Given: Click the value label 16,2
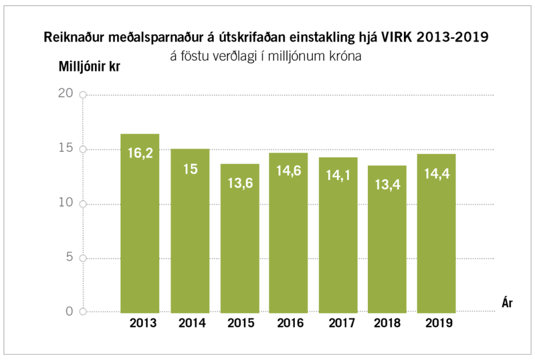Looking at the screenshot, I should pyautogui.click(x=140, y=153).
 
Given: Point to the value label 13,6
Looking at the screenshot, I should pyautogui.click(x=240, y=183).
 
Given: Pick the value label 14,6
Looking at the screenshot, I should pyautogui.click(x=290, y=171).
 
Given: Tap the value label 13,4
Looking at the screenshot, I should pyautogui.click(x=387, y=184).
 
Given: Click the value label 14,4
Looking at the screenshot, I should pyautogui.click(x=436, y=173).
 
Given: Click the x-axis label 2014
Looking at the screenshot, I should pyautogui.click(x=191, y=324).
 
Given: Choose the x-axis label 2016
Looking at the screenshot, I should pyautogui.click(x=290, y=324).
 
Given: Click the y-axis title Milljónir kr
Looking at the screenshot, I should pyautogui.click(x=90, y=67).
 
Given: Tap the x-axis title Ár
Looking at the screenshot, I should pyautogui.click(x=508, y=302).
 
